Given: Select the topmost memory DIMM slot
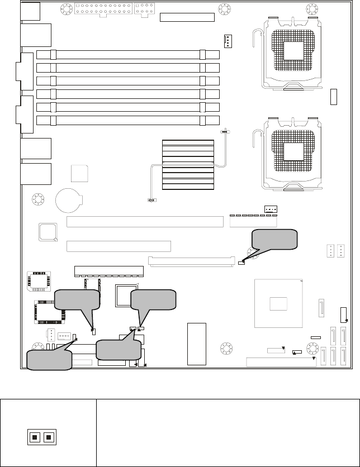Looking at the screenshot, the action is [128, 55].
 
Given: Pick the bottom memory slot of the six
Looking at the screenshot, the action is [128, 120].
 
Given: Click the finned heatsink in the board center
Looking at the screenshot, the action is [188, 165].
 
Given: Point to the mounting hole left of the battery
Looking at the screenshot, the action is [39, 199].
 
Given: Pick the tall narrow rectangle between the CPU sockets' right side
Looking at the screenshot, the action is [334, 96].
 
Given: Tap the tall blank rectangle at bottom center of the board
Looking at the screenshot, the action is [197, 343].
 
